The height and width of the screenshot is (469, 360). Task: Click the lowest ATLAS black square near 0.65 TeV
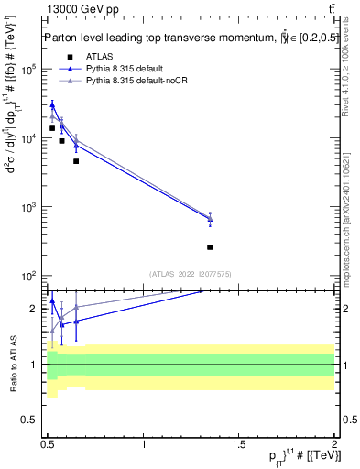pyautogui.click(x=76, y=161)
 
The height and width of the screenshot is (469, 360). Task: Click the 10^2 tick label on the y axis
pyautogui.click(x=28, y=276)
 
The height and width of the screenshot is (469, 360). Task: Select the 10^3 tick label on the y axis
pyautogui.click(x=28, y=207)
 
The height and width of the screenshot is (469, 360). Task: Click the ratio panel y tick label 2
pyautogui.click(x=34, y=309)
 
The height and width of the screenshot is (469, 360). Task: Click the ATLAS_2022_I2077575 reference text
pyautogui.click(x=190, y=273)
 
